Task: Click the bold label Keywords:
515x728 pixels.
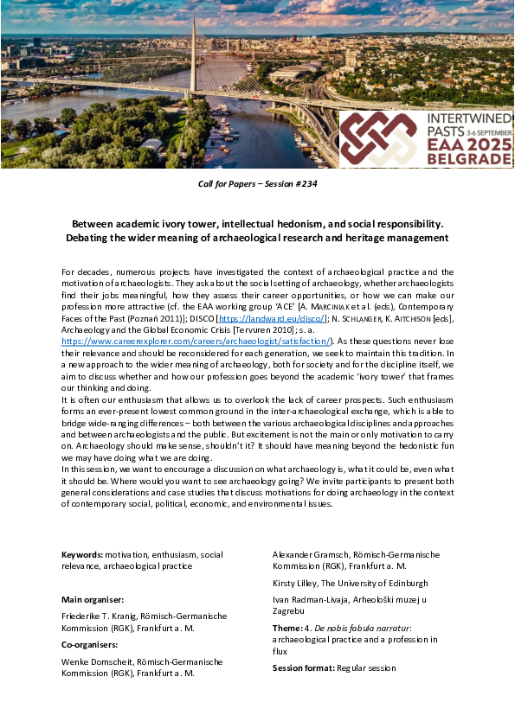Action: point(82,554)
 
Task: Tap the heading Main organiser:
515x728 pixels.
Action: point(93,599)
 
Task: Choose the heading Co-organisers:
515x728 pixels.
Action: point(89,644)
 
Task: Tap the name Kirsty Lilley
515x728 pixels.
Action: point(296,583)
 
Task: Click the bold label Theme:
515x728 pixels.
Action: point(287,627)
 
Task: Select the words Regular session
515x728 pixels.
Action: point(367,667)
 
